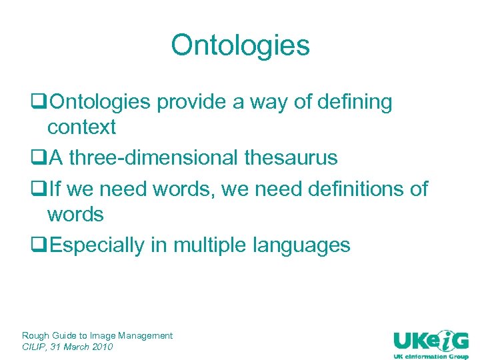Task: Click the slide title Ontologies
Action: click(240, 45)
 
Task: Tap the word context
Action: click(81, 127)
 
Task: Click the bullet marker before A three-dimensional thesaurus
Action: click(39, 159)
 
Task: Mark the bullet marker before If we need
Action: click(39, 190)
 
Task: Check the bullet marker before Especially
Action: click(39, 245)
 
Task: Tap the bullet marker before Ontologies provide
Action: click(39, 103)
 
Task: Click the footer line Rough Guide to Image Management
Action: click(97, 335)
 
